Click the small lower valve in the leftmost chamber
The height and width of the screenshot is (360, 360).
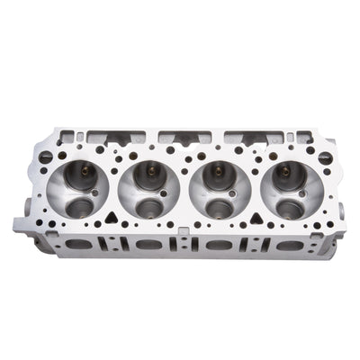pos(79,208)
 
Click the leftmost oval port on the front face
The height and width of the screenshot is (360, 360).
pos(79,244)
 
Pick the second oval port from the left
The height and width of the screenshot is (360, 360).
pos(147,245)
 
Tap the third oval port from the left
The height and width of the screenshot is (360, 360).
pos(216,245)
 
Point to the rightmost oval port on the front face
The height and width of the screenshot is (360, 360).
pos(285,245)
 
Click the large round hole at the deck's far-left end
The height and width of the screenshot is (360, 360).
pos(46,157)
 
